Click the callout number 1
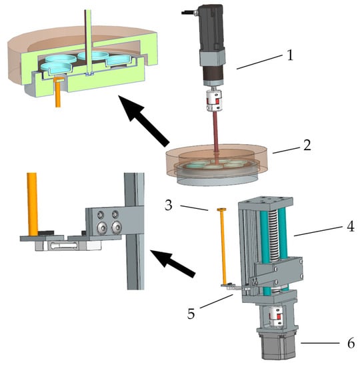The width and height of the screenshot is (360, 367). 290,55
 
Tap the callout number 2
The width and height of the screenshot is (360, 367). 307,145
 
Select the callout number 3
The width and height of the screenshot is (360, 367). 169,205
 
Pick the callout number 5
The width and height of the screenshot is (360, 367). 191,314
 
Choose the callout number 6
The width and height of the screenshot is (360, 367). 351,344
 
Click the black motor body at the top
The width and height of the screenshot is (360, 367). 211,28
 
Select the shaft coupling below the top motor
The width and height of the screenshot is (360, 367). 213,101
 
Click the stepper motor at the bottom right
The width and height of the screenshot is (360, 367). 277,344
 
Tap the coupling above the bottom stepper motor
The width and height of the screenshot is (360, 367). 275,317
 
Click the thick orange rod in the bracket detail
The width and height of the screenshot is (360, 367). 32,204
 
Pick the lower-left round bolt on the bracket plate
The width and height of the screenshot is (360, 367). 102,227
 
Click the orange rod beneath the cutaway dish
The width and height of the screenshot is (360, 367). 58,93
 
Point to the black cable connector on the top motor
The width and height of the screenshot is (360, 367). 189,12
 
